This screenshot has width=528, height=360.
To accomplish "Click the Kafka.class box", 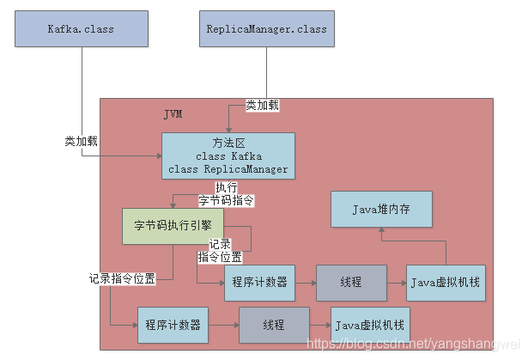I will [81, 29].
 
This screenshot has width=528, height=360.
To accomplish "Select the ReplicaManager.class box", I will [267, 29].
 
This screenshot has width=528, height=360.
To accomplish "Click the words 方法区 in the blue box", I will [228, 143].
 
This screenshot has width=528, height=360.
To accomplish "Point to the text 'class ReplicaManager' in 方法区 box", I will [228, 168].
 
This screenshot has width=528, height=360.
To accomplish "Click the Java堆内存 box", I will [382, 210].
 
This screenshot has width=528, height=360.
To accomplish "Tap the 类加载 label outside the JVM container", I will [81, 141].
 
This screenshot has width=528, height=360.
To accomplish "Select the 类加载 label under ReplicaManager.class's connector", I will [262, 105].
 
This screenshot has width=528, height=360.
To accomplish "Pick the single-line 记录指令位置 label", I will [122, 278].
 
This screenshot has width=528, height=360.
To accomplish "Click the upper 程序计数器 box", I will [258, 283].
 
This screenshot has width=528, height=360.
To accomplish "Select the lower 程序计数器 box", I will [173, 326].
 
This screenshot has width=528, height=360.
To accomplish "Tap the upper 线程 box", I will [351, 283].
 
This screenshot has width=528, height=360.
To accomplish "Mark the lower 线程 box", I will [273, 326].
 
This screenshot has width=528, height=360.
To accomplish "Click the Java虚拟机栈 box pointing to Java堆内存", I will [444, 283].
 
